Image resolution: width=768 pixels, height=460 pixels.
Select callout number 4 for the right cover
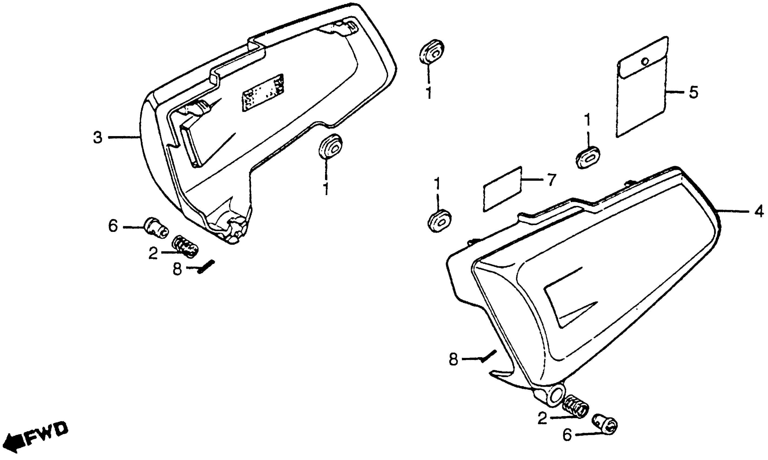pyautogui.click(x=758, y=212)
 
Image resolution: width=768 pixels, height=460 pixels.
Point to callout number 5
pyautogui.click(x=693, y=92)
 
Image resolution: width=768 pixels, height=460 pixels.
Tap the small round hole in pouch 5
pyautogui.click(x=645, y=61)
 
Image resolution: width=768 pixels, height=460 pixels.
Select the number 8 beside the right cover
pyautogui.click(x=453, y=360)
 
